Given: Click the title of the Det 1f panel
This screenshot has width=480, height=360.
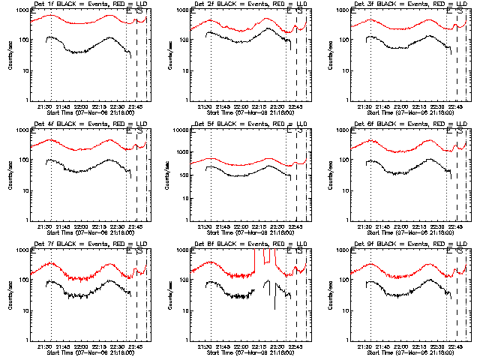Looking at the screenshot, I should [x=88, y=5].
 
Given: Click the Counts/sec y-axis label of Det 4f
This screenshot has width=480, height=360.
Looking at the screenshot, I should [x=9, y=175].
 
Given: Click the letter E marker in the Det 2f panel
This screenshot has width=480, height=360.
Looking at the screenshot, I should [x=289, y=11].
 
